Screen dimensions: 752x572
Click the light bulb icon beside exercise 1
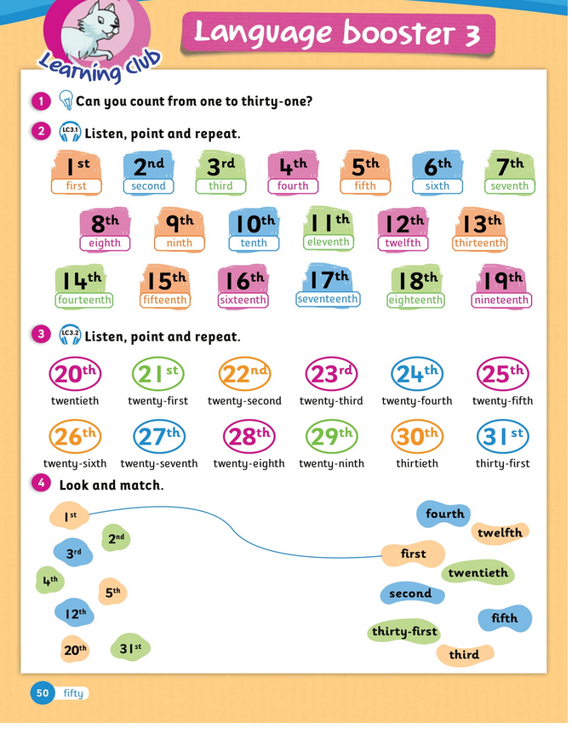[66, 101]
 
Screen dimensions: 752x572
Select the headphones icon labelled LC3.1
[70, 133]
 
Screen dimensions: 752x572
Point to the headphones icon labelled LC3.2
[70, 336]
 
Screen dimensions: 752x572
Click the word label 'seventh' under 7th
[510, 186]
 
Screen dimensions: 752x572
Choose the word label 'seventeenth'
[328, 299]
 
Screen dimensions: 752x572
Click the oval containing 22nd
[244, 373]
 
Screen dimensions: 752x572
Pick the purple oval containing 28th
[249, 436]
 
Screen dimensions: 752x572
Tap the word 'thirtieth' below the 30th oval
[417, 463]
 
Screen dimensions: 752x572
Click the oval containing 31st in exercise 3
[502, 436]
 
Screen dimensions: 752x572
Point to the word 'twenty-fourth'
[416, 400]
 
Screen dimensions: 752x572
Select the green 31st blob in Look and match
[129, 647]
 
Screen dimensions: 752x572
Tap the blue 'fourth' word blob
[443, 514]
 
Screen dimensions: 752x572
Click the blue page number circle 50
[42, 692]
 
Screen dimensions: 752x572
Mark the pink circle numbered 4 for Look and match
[40, 485]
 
